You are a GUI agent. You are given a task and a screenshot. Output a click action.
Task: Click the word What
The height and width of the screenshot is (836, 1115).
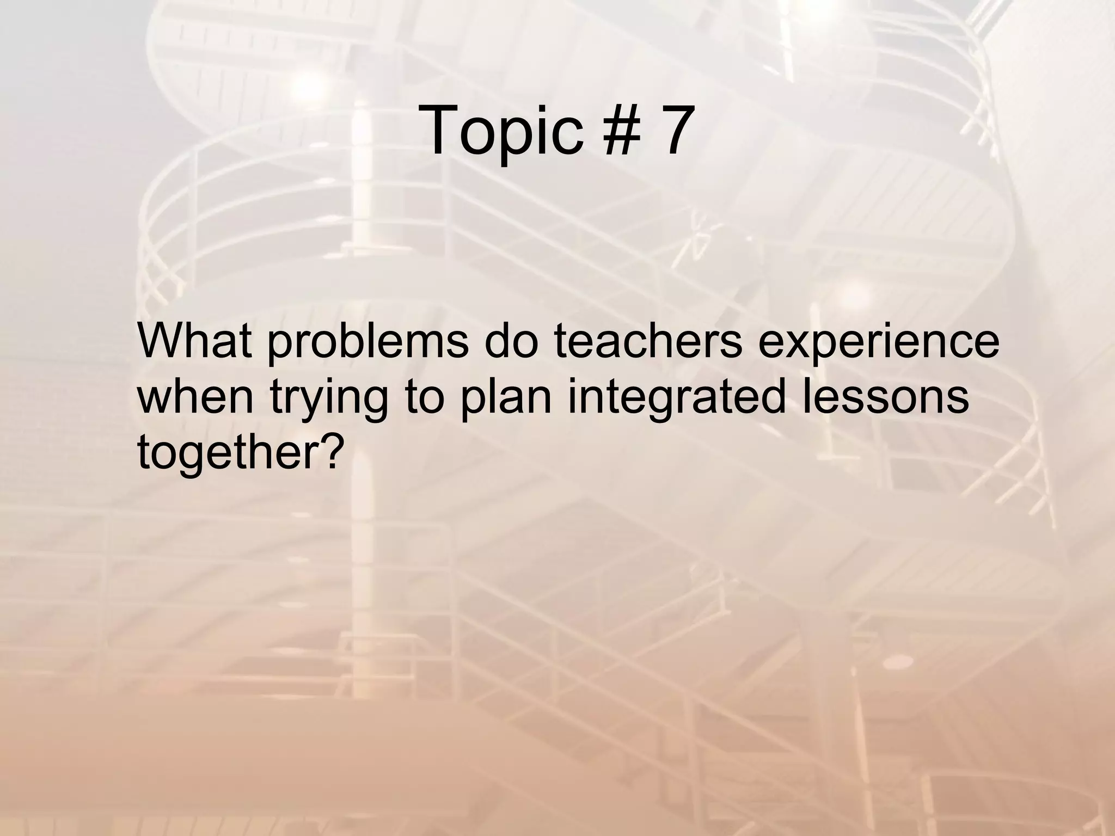(x=195, y=340)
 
